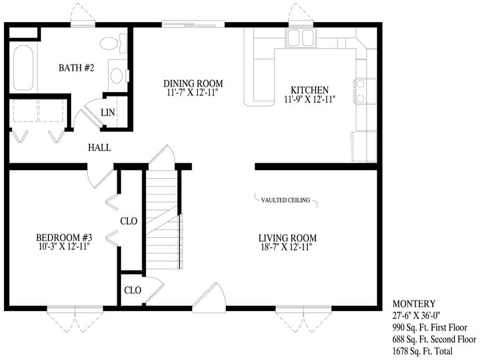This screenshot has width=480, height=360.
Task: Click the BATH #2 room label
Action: [76, 68]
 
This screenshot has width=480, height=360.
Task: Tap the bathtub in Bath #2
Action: [23, 68]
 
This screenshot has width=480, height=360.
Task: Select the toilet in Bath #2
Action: [113, 43]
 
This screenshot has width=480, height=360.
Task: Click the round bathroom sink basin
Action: [117, 76]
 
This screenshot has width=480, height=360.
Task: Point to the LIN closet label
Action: [108, 113]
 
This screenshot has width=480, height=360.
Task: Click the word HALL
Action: [99, 148]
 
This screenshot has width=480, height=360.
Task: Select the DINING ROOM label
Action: [193, 83]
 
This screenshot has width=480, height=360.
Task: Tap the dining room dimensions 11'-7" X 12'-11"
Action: [193, 92]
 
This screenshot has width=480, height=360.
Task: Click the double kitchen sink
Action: [301, 38]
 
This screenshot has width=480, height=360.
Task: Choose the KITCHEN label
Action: [309, 90]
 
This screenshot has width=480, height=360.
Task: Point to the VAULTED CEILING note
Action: [286, 200]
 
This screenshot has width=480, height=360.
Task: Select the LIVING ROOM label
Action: [287, 238]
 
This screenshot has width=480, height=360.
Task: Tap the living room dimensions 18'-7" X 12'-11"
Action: [287, 247]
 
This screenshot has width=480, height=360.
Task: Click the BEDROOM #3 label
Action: [64, 237]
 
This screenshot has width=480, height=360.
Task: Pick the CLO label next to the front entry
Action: [133, 290]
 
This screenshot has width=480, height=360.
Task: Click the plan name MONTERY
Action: [414, 304]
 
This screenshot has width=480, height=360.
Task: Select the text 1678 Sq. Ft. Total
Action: [422, 351]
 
